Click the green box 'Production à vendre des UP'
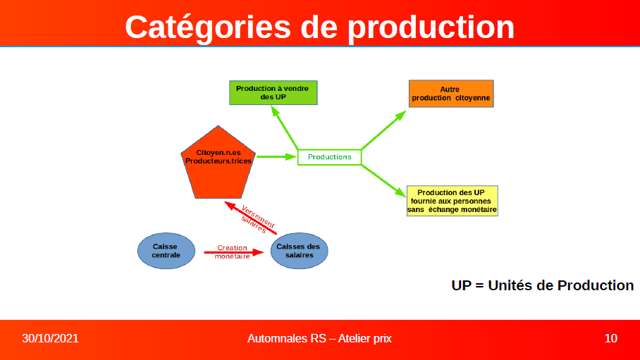pyautogui.click(x=273, y=93)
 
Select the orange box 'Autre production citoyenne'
pyautogui.click(x=451, y=94)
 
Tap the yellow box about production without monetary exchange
pyautogui.click(x=453, y=201)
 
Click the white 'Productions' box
pyautogui.click(x=329, y=157)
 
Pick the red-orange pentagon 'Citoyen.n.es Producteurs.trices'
pyautogui.click(x=219, y=163)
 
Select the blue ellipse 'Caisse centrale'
pyautogui.click(x=166, y=251)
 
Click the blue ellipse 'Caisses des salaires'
pyautogui.click(x=299, y=251)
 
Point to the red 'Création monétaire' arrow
pyautogui.click(x=234, y=253)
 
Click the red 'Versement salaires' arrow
pyautogui.click(x=251, y=218)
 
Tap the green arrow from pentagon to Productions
pyautogui.click(x=276, y=156)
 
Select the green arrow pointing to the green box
pyautogui.click(x=285, y=128)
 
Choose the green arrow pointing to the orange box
pyautogui.click(x=383, y=130)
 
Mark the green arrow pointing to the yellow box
pyautogui.click(x=383, y=180)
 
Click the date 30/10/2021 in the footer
pyautogui.click(x=50, y=338)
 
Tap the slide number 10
pyautogui.click(x=610, y=338)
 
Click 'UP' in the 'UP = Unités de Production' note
pyautogui.click(x=461, y=285)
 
